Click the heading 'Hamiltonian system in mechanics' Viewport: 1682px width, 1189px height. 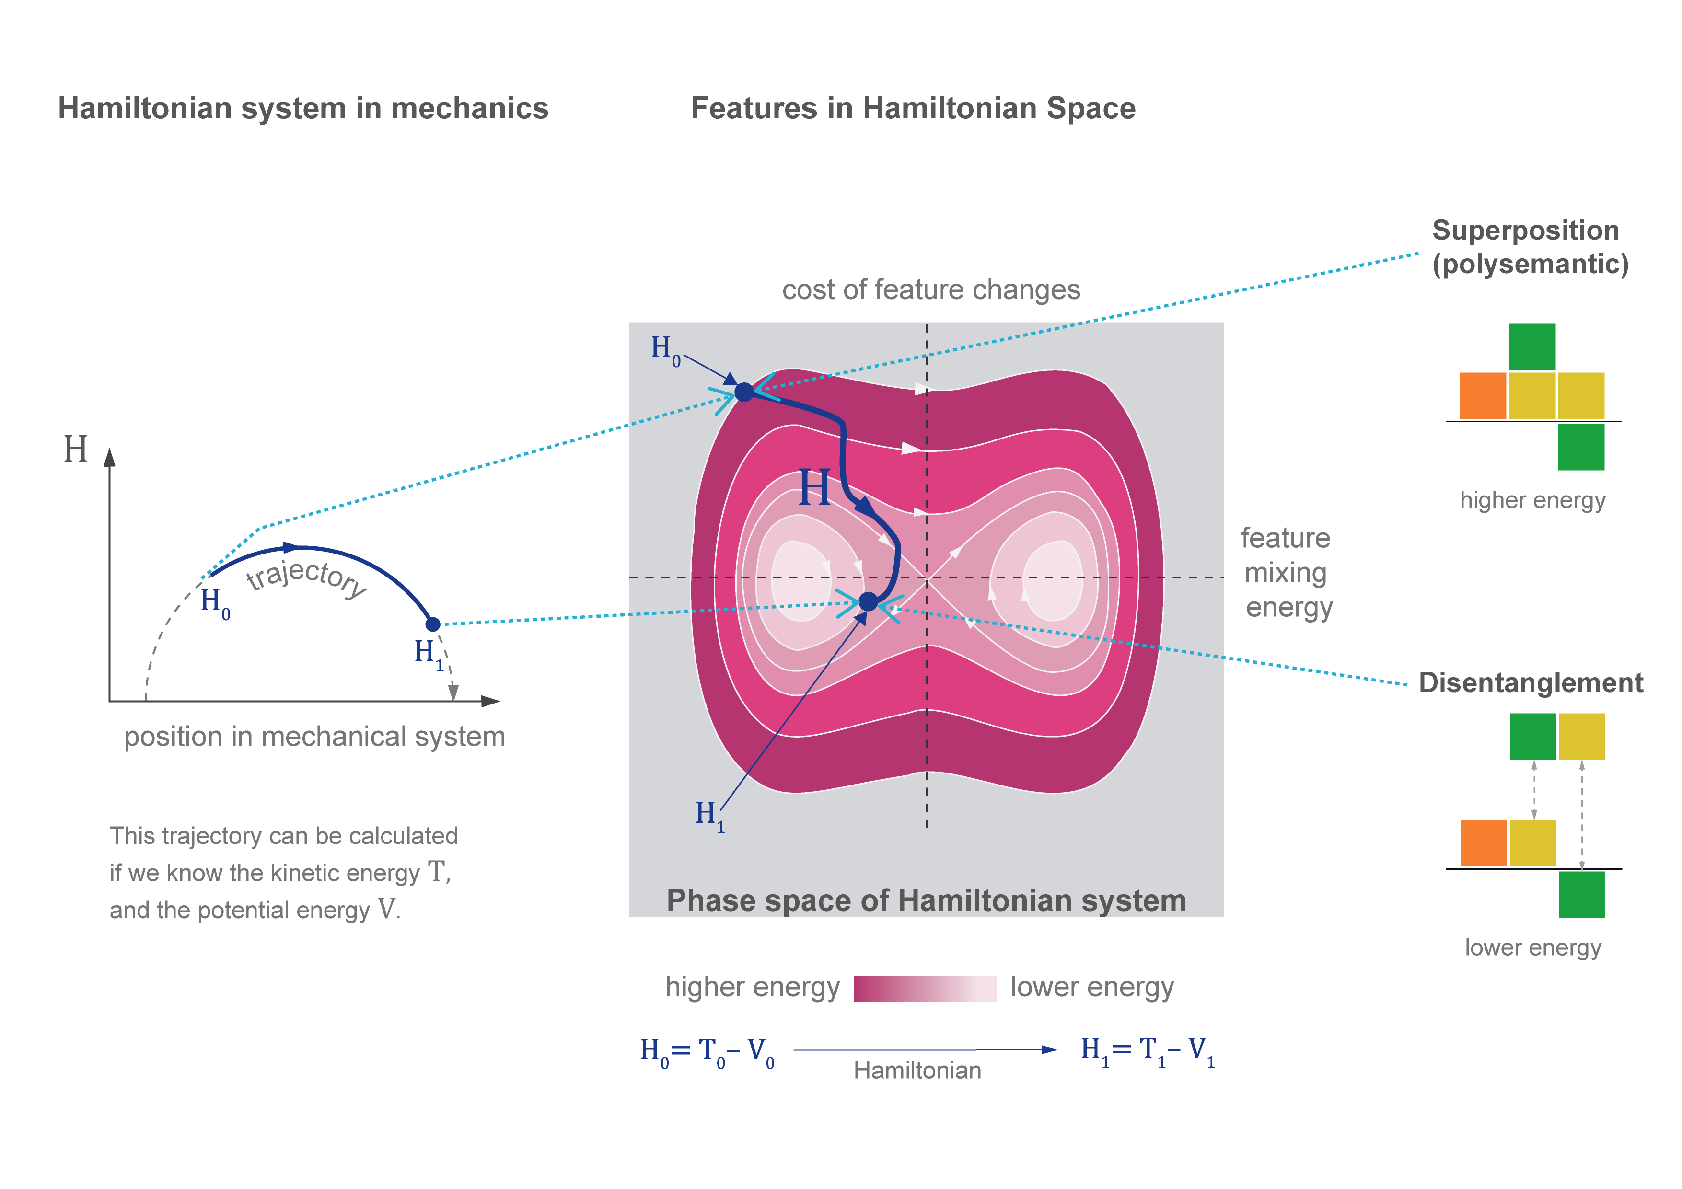[303, 108]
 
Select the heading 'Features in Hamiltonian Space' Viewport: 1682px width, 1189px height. [913, 108]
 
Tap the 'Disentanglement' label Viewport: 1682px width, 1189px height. [1531, 683]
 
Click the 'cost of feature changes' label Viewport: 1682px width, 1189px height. [931, 290]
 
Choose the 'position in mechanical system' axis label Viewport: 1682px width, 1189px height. [314, 737]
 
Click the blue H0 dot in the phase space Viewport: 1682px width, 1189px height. [744, 392]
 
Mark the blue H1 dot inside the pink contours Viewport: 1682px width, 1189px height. [868, 601]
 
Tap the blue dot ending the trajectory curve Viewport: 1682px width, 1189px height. [433, 624]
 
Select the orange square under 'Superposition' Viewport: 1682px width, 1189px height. [1483, 395]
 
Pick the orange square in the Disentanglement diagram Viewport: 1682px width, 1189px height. [1484, 843]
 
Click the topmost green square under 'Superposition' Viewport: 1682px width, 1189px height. [1532, 346]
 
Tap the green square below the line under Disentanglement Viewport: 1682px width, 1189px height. [1582, 894]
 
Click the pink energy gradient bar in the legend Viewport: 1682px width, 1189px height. [925, 988]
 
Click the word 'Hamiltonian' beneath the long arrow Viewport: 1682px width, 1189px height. [917, 1071]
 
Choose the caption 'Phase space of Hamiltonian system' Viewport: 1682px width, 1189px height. [926, 900]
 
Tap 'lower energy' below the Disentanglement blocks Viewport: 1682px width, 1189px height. [1532, 948]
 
